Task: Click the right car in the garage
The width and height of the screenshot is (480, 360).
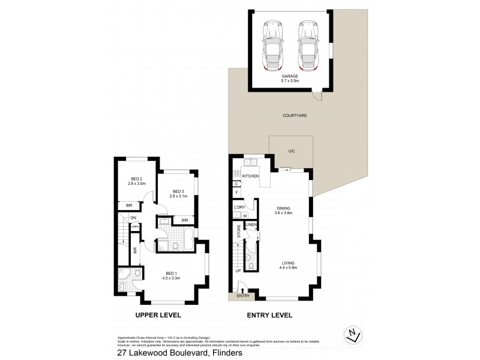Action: coord(308,45)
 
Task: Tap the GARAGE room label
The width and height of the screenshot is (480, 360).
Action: coord(290,77)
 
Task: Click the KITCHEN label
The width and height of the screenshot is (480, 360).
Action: coord(250,176)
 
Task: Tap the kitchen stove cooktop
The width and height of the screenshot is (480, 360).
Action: coord(236,174)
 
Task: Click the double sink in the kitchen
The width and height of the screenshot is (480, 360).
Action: coord(250,162)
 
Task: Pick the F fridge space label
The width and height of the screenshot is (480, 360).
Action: coord(236,193)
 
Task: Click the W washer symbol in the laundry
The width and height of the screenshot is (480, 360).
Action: coord(245,215)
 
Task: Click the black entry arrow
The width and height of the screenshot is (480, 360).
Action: coord(242,291)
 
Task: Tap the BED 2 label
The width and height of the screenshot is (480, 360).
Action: coord(136,178)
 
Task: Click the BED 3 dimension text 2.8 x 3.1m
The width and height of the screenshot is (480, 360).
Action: coord(178,196)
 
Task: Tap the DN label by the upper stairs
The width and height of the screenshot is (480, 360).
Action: coord(133,218)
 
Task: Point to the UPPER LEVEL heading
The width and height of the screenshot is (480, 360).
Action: coord(158,314)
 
